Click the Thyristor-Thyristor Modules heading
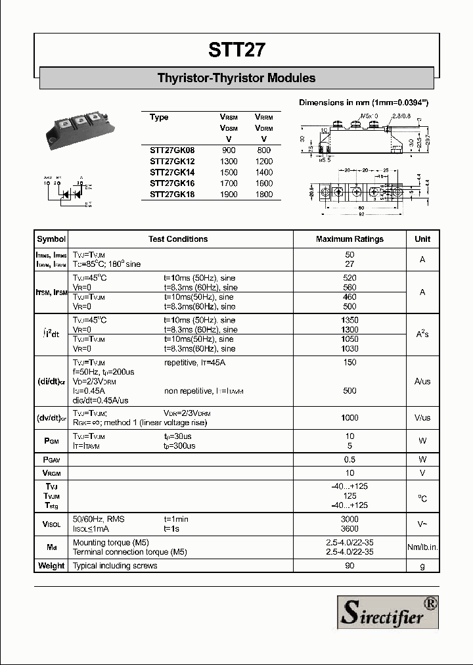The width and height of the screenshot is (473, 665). click(x=236, y=78)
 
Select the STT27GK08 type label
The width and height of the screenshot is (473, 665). click(x=172, y=150)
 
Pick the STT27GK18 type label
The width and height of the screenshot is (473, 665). click(x=172, y=195)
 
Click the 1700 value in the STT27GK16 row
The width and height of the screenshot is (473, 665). click(x=229, y=183)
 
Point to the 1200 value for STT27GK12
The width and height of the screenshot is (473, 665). click(x=263, y=162)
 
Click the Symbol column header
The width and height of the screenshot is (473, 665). click(x=51, y=239)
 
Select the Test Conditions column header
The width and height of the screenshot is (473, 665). click(x=178, y=239)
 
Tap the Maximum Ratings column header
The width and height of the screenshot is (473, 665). click(x=349, y=239)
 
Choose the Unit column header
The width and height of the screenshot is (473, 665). click(x=422, y=239)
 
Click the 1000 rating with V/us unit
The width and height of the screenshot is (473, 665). click(x=349, y=418)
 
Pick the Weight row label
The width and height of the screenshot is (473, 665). click(x=51, y=566)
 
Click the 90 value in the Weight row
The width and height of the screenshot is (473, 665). click(x=349, y=566)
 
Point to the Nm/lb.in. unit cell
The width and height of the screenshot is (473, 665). click(x=422, y=547)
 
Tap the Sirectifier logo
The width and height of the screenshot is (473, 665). click(x=388, y=612)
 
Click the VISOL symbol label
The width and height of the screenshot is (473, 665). click(x=51, y=524)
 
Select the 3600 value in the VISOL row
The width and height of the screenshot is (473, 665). click(x=349, y=528)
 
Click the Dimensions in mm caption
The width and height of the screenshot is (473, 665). click(x=363, y=103)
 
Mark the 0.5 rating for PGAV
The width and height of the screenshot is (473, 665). click(x=349, y=459)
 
